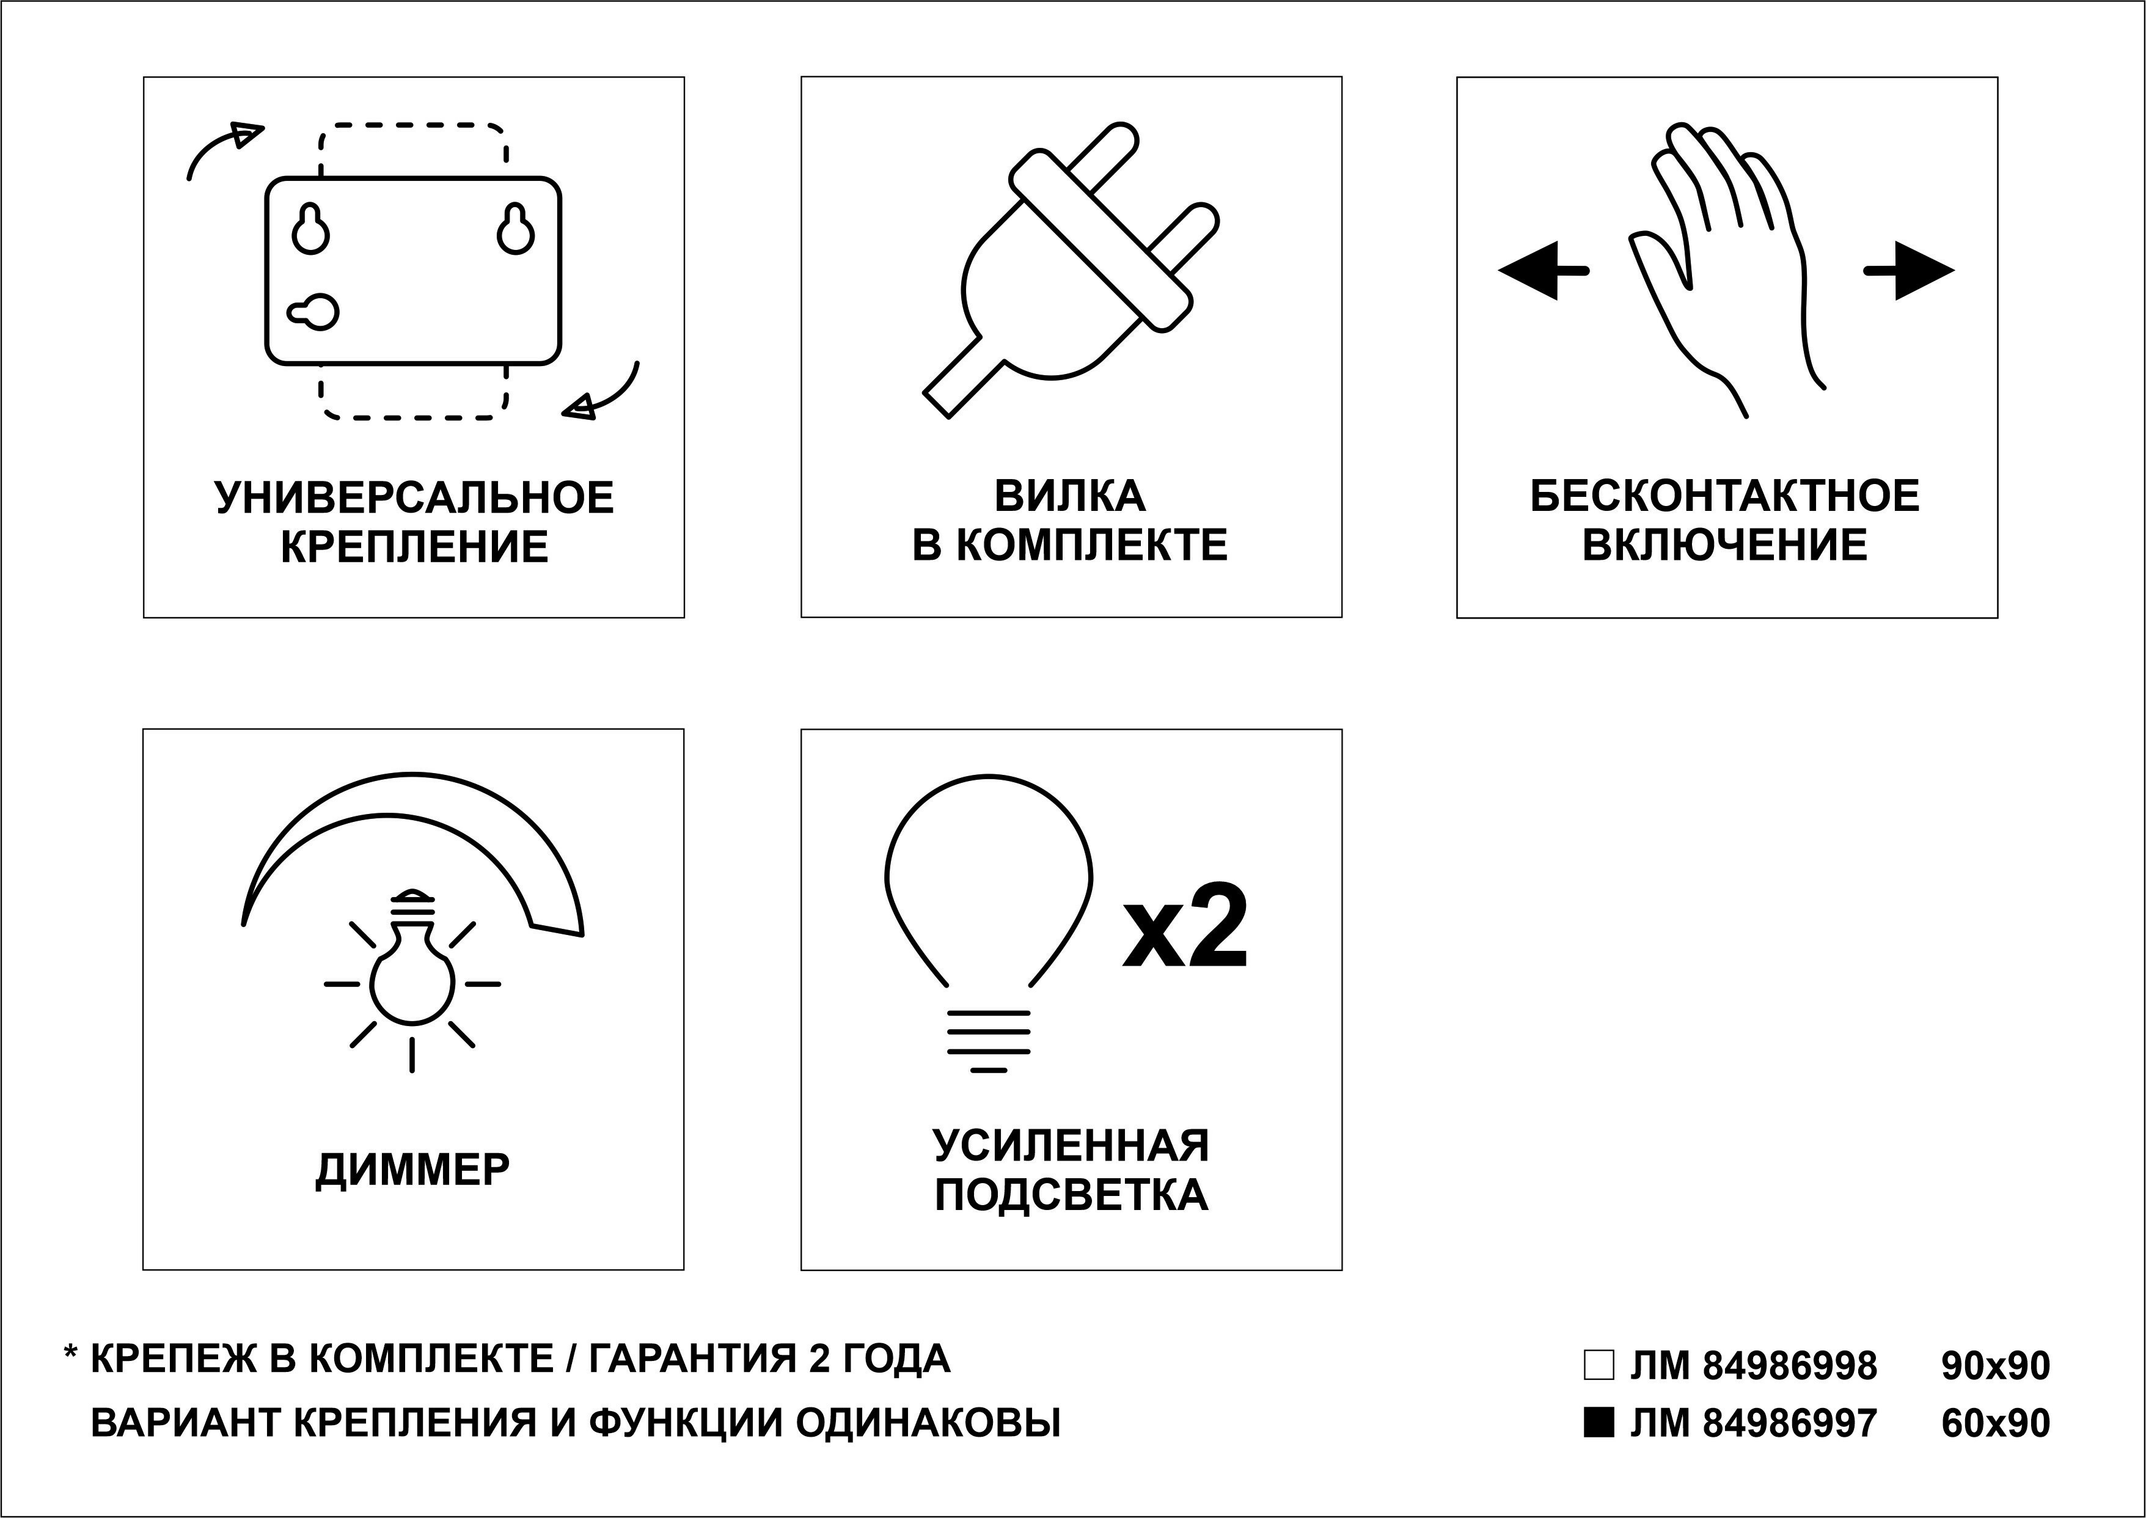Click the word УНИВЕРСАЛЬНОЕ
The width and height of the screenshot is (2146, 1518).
(414, 497)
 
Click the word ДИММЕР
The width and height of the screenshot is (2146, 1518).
(413, 1169)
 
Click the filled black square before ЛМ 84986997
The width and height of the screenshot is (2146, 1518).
(1599, 1421)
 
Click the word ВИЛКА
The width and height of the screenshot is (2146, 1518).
(1070, 496)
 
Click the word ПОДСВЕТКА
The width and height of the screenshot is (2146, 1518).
(1071, 1195)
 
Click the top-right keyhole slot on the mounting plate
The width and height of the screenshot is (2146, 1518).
(515, 229)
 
